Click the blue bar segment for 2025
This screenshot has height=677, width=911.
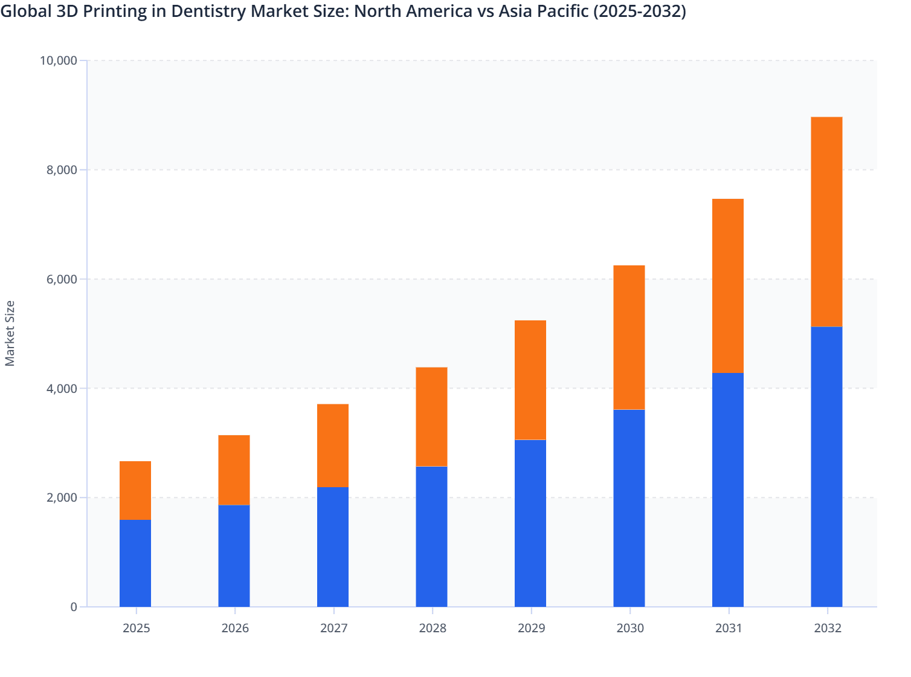click(135, 563)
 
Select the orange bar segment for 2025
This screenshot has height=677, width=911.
click(135, 490)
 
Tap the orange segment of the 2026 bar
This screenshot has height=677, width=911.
click(234, 470)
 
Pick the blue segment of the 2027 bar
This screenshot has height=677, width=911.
click(333, 546)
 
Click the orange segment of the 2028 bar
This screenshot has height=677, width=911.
click(431, 416)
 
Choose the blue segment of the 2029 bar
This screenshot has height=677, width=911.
click(530, 523)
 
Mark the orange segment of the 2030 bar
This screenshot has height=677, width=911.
click(629, 337)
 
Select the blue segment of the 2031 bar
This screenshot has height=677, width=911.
click(728, 490)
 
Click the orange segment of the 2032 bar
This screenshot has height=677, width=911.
click(826, 221)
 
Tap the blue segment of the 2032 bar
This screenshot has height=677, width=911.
click(826, 467)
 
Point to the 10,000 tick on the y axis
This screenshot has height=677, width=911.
click(58, 60)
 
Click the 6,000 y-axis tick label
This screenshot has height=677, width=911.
click(62, 279)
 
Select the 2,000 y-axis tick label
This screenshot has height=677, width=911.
click(62, 497)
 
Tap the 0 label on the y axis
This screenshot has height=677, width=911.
click(74, 607)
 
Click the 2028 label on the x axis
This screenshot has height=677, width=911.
click(433, 628)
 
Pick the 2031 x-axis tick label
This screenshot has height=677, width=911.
click(729, 628)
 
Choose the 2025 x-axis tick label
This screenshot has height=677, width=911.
click(136, 628)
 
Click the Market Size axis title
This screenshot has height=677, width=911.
click(10, 333)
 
